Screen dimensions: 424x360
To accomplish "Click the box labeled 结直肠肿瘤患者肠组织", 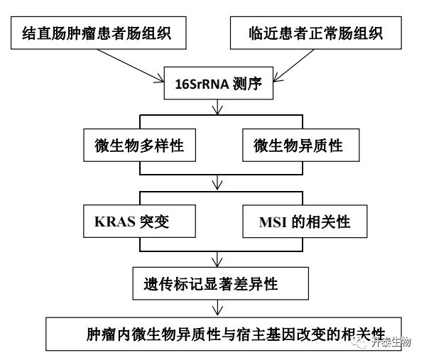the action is pyautogui.click(x=99, y=33).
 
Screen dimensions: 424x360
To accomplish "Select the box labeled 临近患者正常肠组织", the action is pyautogui.click(x=316, y=33).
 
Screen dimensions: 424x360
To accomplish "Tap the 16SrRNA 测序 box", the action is pyautogui.click(x=219, y=83).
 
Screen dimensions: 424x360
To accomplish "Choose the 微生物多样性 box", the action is pyautogui.click(x=139, y=145).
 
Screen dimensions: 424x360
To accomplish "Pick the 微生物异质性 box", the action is pyautogui.click(x=301, y=145).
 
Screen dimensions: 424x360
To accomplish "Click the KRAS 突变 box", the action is pyautogui.click(x=139, y=222).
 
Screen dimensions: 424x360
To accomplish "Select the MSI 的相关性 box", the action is pyautogui.click(x=305, y=222).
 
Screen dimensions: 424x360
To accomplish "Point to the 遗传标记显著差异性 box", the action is pyautogui.click(x=221, y=283).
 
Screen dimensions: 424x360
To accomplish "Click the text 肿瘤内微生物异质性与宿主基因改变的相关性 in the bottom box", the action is pyautogui.click(x=235, y=334).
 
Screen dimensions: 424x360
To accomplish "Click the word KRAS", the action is pyautogui.click(x=114, y=222).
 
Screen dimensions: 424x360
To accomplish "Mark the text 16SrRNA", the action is pyautogui.click(x=202, y=84).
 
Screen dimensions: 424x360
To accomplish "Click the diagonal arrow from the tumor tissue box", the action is pyautogui.click(x=131, y=65).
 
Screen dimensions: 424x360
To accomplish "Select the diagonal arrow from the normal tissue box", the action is pyautogui.click(x=294, y=65).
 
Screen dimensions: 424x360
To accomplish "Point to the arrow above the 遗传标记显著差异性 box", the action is pyautogui.click(x=217, y=259).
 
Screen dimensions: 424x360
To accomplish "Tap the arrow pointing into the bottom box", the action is pyautogui.click(x=217, y=307).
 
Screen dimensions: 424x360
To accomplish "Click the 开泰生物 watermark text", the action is pyautogui.click(x=391, y=342).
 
